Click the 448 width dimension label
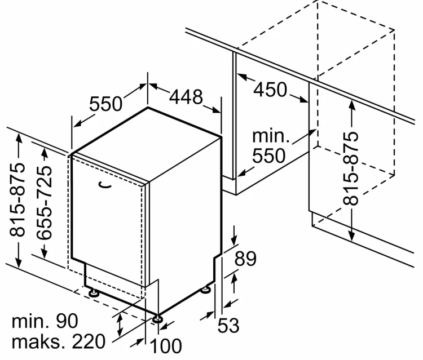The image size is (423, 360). [186, 97]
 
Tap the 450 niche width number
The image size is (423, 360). [270, 90]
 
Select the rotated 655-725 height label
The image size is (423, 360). [45, 203]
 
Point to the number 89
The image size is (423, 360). [245, 259]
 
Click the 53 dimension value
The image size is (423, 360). [228, 326]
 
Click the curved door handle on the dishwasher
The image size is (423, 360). [105, 185]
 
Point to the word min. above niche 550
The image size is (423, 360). [271, 136]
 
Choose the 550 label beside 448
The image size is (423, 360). [106, 104]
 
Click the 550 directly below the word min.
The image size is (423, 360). [268, 155]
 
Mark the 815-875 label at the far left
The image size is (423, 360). [17, 199]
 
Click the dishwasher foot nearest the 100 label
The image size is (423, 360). [157, 319]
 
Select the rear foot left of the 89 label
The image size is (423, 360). [206, 290]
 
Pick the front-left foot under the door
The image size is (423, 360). [94, 292]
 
